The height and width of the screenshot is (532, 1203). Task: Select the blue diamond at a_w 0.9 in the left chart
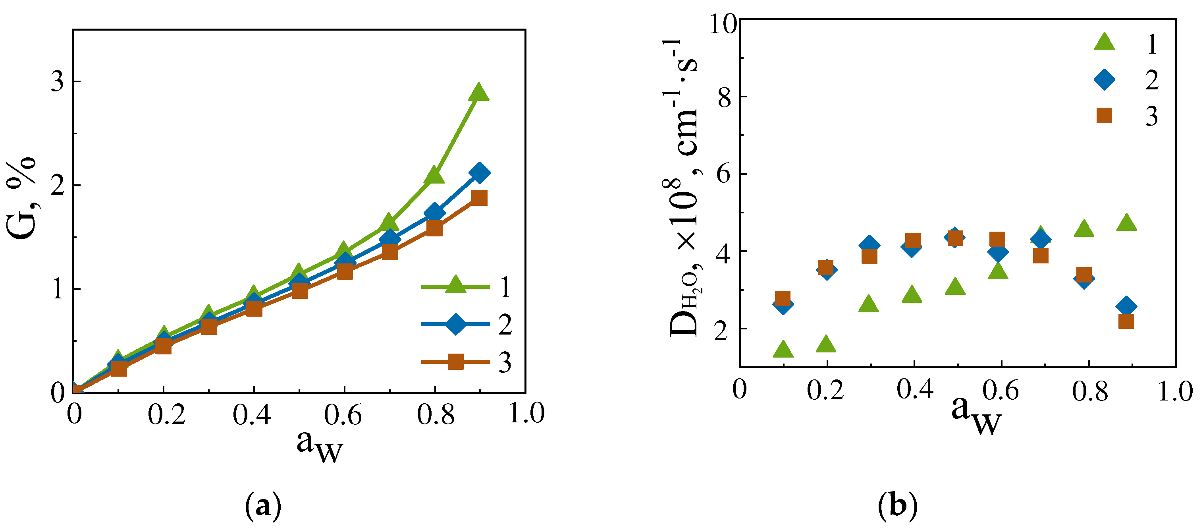(479, 173)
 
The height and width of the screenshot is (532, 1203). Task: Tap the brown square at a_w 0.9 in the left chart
(479, 198)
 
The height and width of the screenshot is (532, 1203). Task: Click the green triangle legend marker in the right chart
(1104, 42)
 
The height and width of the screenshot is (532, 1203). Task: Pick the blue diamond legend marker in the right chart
(1104, 79)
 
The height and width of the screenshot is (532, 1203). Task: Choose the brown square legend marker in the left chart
(455, 362)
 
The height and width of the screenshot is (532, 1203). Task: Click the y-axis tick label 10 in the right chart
(723, 23)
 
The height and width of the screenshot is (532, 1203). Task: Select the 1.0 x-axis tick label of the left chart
(526, 413)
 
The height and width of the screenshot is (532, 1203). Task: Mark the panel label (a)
(263, 506)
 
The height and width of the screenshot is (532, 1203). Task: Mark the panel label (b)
(898, 506)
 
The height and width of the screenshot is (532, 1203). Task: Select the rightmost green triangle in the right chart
(1126, 222)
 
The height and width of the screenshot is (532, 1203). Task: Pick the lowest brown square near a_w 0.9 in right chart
(1126, 321)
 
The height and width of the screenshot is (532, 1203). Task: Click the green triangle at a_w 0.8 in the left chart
(434, 175)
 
